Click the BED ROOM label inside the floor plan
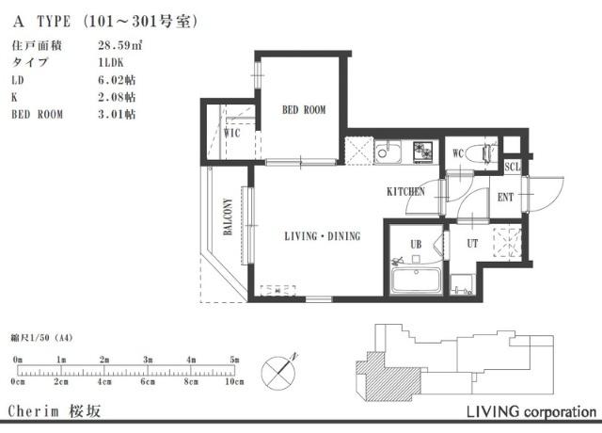tap(304, 110)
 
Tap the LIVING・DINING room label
tap(323, 236)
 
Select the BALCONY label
tap(228, 216)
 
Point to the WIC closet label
tap(232, 133)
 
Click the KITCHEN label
tap(405, 191)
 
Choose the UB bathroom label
tap(416, 244)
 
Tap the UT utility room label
tap(472, 243)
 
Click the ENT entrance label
tap(505, 197)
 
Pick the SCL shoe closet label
tap(512, 167)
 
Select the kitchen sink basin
tap(388, 152)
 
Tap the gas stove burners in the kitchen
tap(422, 151)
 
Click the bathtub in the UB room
tap(416, 281)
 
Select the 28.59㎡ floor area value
tap(120, 45)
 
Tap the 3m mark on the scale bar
tap(148, 360)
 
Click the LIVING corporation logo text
tap(531, 411)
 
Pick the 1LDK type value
tap(111, 63)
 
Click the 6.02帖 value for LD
tap(117, 80)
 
